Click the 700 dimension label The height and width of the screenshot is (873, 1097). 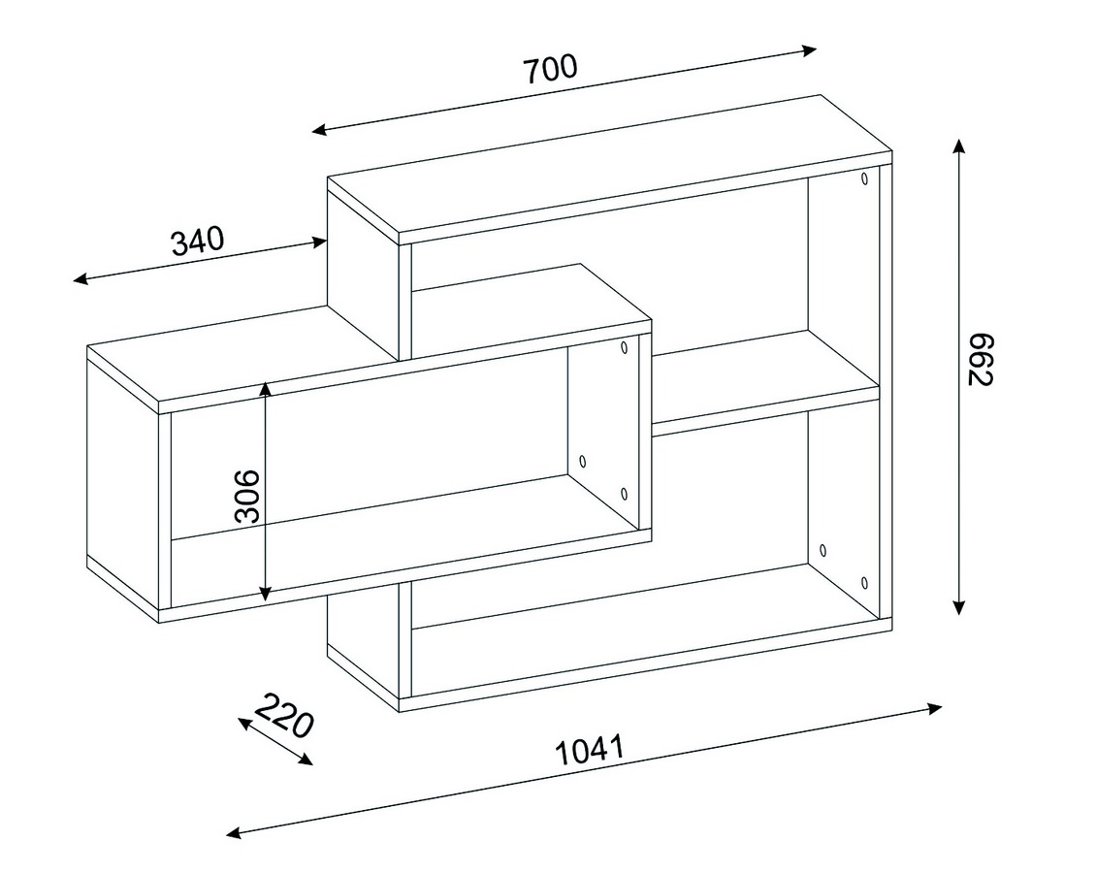pos(551,69)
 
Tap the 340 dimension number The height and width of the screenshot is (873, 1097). pos(197,242)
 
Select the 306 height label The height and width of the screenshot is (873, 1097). pos(247,497)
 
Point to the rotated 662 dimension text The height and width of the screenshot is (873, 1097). pos(981,360)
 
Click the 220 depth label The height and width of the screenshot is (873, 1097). pos(282,716)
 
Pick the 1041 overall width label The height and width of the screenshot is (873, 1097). pos(589,751)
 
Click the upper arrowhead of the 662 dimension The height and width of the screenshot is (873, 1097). pos(959,146)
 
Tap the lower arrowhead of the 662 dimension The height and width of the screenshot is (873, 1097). pos(959,607)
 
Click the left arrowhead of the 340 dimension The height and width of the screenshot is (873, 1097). pos(81,279)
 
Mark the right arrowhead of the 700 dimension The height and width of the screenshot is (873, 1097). pos(808,50)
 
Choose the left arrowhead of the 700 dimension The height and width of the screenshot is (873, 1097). pos(320,129)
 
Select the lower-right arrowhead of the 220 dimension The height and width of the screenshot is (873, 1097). pos(306,759)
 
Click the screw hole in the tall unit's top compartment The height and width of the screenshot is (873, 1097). pos(865,178)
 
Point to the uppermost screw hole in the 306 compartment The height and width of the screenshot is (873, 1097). pos(624,347)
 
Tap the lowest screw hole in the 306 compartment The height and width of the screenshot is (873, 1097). pos(624,494)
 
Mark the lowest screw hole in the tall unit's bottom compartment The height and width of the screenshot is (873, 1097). pos(865,582)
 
